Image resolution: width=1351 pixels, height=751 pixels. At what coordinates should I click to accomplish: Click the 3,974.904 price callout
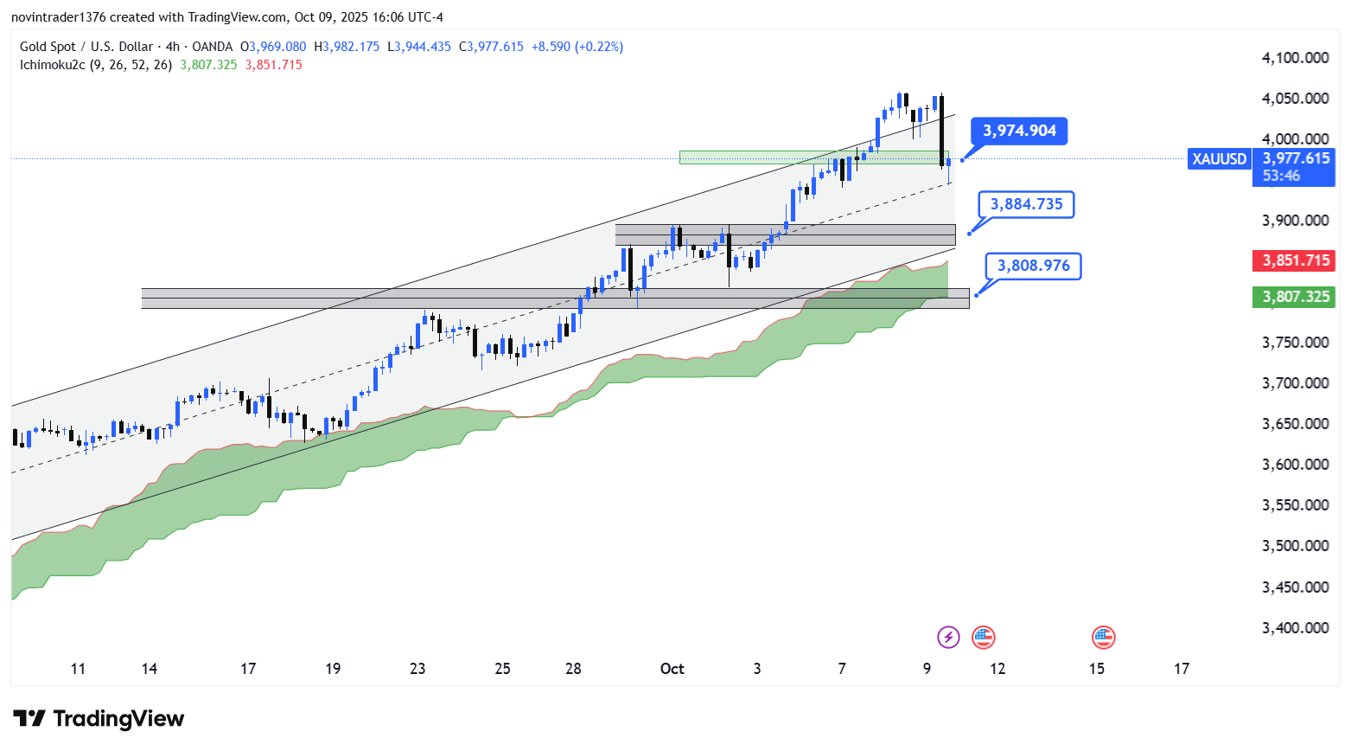1019,132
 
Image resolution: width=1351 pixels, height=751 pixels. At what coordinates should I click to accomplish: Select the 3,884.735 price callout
1026,205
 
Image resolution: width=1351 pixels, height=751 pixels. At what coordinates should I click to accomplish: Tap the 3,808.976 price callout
1033,266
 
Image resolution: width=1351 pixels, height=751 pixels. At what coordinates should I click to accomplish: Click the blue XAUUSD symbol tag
1220,159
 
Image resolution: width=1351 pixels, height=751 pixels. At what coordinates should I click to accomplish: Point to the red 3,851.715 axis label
1295,260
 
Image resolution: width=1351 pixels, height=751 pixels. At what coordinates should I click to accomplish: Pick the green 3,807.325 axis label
1295,297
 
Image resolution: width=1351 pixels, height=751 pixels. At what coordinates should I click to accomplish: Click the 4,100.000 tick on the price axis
1295,58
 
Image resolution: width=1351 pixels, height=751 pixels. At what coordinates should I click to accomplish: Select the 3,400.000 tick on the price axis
1295,628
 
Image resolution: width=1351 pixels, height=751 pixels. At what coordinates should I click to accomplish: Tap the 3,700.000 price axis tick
1295,383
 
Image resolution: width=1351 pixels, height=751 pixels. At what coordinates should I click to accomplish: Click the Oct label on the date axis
672,669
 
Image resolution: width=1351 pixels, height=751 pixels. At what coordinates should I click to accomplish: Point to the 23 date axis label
417,669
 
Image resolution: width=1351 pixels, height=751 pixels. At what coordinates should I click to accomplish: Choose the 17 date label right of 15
1182,669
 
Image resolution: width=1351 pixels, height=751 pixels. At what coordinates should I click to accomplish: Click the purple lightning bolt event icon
948,638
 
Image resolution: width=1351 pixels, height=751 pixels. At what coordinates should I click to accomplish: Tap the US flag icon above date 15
1102,638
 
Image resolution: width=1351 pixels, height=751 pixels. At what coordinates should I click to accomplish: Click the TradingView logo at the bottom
99,719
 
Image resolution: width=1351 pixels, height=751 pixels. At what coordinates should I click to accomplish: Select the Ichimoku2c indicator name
53,65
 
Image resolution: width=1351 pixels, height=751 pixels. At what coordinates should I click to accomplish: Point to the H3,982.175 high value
347,47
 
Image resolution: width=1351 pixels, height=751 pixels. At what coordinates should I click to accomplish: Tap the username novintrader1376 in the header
59,17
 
